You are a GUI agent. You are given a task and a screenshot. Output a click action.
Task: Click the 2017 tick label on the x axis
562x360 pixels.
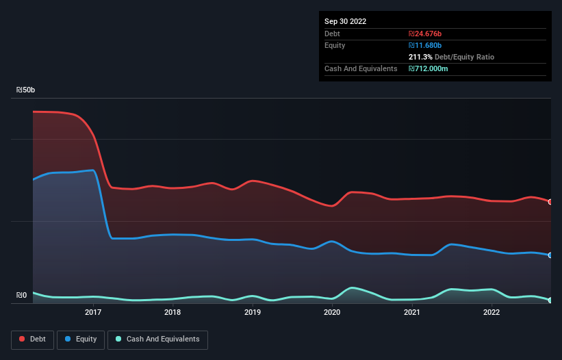pos(93,313)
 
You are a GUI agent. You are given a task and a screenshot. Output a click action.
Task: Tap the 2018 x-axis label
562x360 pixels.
pos(173,313)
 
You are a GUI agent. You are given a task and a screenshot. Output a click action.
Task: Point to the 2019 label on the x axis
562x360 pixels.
pos(253,313)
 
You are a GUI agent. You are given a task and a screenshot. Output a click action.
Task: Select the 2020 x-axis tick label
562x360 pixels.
pos(332,313)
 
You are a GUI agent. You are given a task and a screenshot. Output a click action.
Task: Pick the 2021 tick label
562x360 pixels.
pos(411,313)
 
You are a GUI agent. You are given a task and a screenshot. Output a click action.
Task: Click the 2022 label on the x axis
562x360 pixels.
pos(491,313)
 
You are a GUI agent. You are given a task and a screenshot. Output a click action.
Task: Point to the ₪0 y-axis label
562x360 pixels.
pos(21,296)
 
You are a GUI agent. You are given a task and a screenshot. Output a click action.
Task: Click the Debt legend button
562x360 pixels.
pos(34,339)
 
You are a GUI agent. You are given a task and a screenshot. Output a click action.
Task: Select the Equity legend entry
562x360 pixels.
pos(81,339)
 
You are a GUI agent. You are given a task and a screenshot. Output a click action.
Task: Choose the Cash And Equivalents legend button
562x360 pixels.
pos(157,339)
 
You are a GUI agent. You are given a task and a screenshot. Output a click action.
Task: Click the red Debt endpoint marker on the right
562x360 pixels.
pos(550,202)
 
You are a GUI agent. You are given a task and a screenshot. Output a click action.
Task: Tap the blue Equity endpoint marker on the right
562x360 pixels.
pos(550,255)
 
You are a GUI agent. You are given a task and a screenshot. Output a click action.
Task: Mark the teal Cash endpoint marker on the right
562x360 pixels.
pos(550,300)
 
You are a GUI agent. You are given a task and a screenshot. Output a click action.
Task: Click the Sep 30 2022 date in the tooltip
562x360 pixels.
pos(346,21)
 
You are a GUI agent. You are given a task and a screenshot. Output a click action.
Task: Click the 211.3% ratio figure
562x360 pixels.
pos(420,57)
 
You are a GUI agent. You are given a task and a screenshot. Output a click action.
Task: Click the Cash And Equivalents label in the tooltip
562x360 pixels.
pos(361,68)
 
